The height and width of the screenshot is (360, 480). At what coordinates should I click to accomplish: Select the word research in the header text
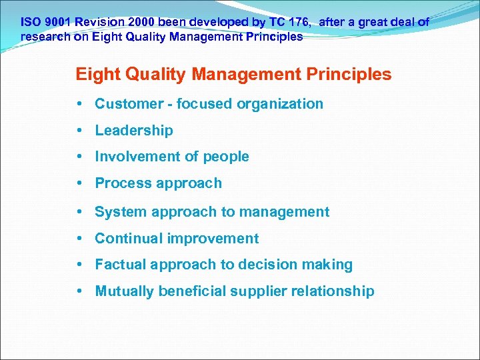[x=45, y=37]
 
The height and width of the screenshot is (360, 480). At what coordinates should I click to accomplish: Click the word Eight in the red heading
[x=95, y=74]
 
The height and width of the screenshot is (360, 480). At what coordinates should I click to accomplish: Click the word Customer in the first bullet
[x=125, y=104]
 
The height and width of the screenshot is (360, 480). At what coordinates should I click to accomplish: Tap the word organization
[x=280, y=104]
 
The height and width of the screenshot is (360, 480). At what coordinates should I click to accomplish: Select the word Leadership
[x=134, y=131]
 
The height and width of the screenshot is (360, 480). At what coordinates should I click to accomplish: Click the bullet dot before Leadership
[x=79, y=131]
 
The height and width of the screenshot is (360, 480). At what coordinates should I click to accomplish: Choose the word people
[x=226, y=157]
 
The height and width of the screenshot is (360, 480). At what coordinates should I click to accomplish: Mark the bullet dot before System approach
[x=79, y=212]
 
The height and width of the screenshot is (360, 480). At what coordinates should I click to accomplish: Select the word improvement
[x=213, y=239]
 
